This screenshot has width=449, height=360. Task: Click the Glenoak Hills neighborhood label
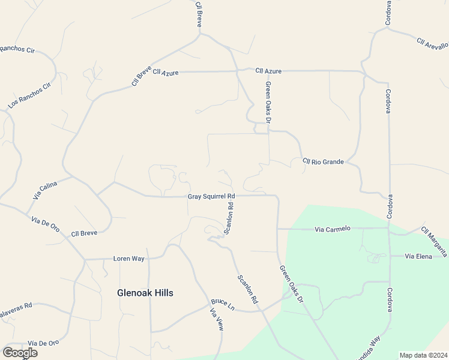(145, 293)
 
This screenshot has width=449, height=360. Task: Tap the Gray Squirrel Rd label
(211, 196)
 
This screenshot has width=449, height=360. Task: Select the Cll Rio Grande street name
(324, 161)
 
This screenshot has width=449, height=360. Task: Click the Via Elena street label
(419, 256)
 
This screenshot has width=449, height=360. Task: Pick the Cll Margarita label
(434, 242)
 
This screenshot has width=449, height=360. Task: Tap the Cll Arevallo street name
(433, 44)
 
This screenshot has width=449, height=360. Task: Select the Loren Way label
(129, 259)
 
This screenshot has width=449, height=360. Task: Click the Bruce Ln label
(222, 305)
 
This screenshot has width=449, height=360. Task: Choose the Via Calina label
(45, 190)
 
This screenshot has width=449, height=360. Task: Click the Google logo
(20, 352)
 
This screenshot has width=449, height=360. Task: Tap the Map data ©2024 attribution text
(423, 355)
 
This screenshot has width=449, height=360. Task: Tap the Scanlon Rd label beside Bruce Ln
(247, 290)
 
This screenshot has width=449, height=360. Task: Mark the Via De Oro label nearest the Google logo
(43, 343)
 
